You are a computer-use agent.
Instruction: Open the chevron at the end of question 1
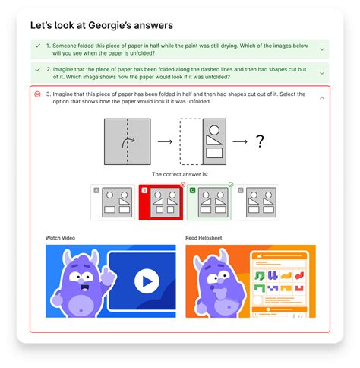[x=322, y=49]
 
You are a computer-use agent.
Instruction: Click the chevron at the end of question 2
[x=322, y=73]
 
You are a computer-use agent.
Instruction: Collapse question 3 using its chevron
[x=322, y=98]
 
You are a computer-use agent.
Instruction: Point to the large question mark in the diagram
[x=259, y=141]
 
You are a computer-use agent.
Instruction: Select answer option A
[x=112, y=201]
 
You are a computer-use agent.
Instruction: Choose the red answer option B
[x=161, y=201]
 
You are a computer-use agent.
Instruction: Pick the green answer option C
[x=210, y=201]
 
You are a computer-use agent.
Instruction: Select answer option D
[x=257, y=201]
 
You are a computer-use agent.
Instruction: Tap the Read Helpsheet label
[x=206, y=238]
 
